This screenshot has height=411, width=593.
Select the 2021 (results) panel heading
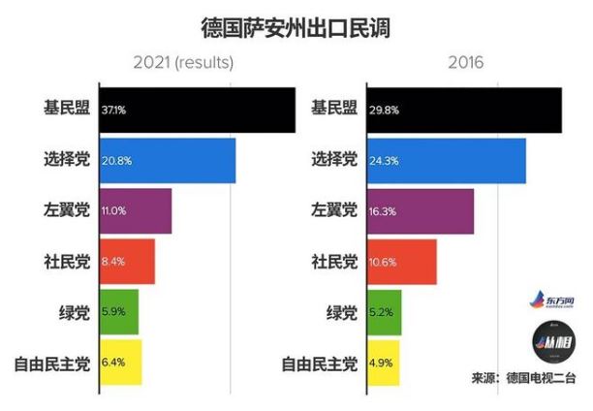point(184,65)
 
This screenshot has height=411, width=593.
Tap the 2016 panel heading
point(465,65)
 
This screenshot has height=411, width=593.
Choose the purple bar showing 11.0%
point(136,211)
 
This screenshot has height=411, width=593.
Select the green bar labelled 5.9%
point(119,312)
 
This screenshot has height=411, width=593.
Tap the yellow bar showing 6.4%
point(120,364)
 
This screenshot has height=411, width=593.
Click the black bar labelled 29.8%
point(464,110)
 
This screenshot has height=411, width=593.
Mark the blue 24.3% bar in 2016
point(447,160)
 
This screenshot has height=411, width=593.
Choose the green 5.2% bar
point(384,312)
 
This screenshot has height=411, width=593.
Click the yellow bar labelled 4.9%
point(383,364)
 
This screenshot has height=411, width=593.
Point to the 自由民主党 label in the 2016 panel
point(320,364)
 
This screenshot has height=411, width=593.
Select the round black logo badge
point(555,343)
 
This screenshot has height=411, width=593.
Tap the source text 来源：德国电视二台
point(523,379)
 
